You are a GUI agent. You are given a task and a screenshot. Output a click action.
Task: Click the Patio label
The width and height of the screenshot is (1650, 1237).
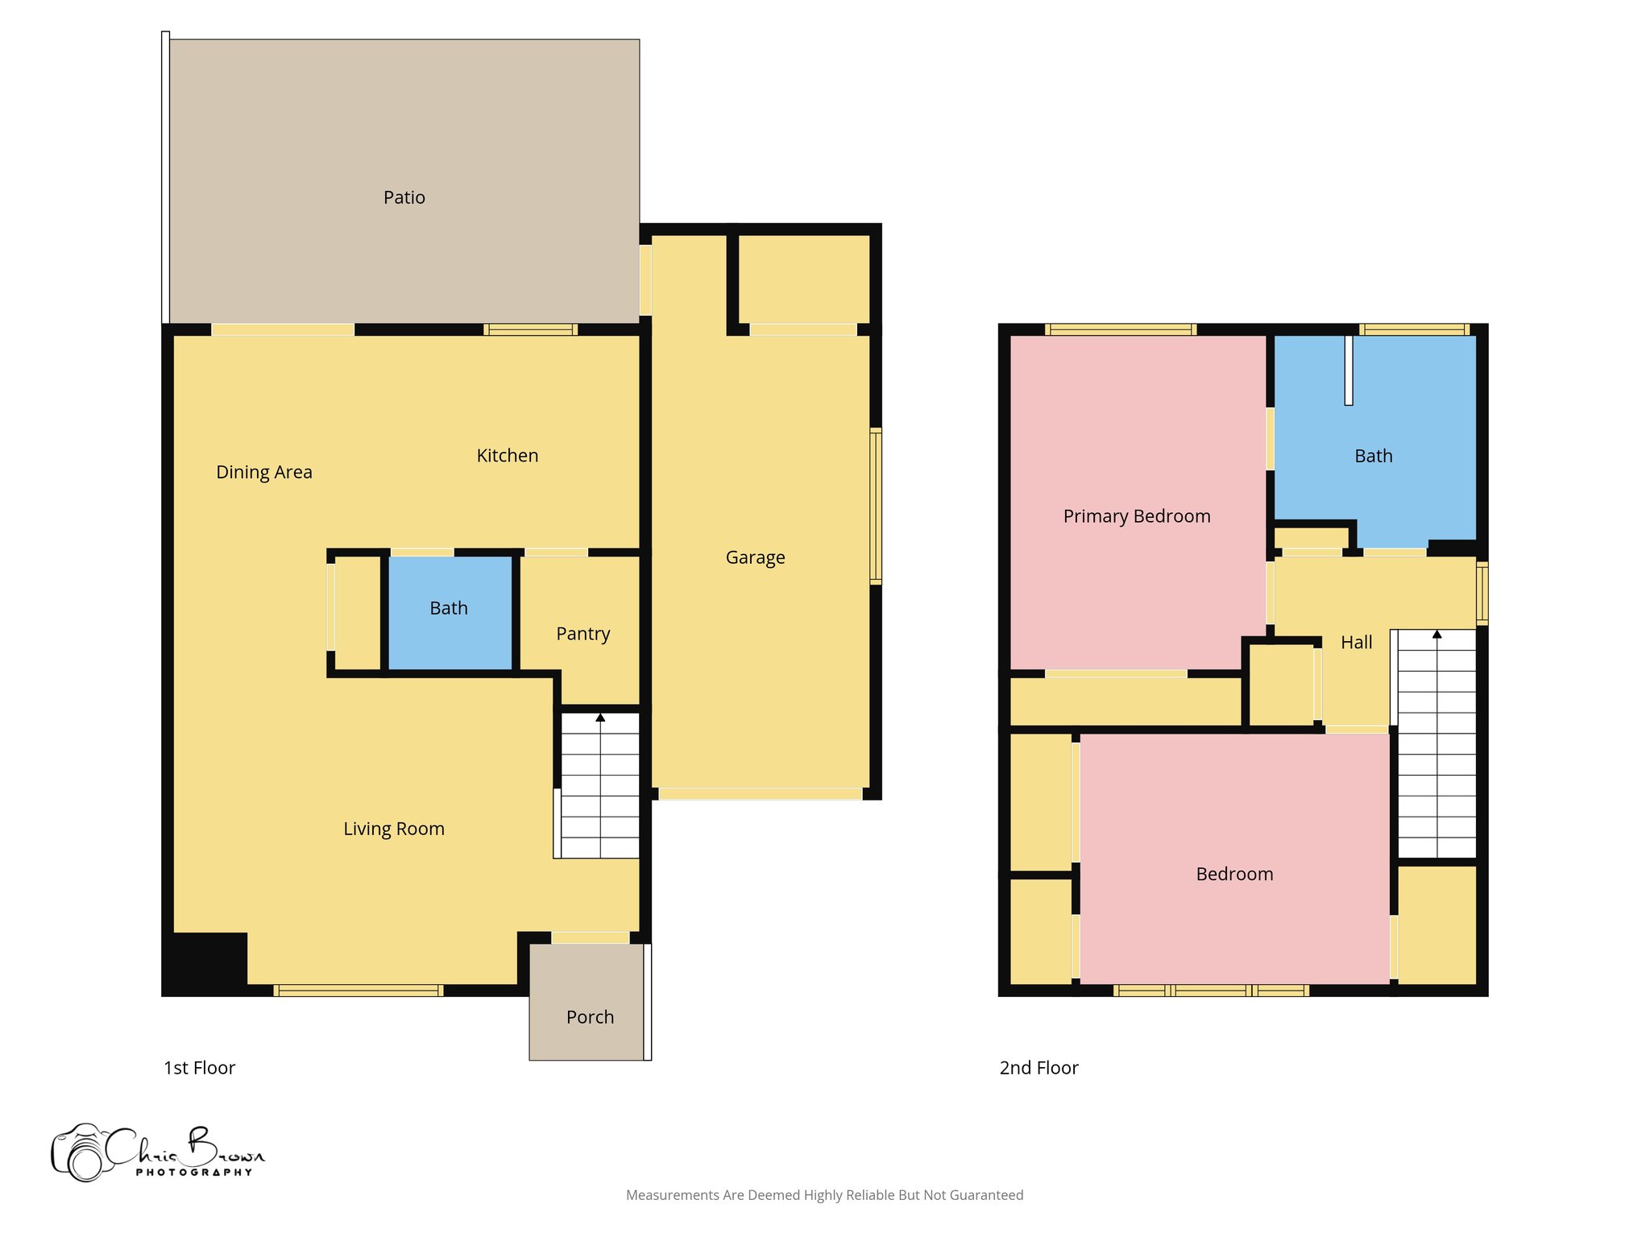pos(404,197)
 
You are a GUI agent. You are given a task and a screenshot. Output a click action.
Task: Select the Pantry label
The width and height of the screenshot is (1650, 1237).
pos(582,634)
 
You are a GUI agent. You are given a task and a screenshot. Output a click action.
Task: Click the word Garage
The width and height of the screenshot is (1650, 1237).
pos(755,557)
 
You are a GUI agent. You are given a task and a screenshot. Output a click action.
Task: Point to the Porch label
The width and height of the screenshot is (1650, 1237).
pos(590,1017)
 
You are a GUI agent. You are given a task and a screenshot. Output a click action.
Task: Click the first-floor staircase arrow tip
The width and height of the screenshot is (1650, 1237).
pos(600,717)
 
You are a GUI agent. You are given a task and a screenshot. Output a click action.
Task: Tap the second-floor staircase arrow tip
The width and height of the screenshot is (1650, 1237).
pos(1436,634)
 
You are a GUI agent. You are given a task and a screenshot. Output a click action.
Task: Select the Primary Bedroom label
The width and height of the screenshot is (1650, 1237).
pos(1136,516)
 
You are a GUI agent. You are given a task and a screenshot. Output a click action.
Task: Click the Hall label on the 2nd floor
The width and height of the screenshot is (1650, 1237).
pos(1356,643)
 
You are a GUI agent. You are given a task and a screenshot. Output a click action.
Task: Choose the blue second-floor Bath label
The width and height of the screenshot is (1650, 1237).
pos(1373,456)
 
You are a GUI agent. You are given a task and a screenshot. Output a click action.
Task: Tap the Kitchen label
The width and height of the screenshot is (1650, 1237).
pos(507,456)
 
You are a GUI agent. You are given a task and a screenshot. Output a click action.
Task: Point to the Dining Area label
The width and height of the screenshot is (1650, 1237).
pos(263,472)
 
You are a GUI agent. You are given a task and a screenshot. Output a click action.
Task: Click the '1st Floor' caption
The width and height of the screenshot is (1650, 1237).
pos(199,1068)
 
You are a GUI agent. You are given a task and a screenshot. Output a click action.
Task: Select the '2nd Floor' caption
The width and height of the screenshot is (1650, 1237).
pos(1039,1068)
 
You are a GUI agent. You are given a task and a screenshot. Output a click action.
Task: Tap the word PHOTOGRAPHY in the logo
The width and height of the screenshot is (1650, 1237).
pos(193,1173)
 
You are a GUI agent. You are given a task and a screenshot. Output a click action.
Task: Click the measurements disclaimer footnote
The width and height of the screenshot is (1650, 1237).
pos(824,1195)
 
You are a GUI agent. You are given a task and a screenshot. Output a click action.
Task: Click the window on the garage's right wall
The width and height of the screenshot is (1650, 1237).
pos(876,506)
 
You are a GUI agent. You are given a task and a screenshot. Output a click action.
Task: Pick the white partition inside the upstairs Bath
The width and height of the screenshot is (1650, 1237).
pos(1349,370)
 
